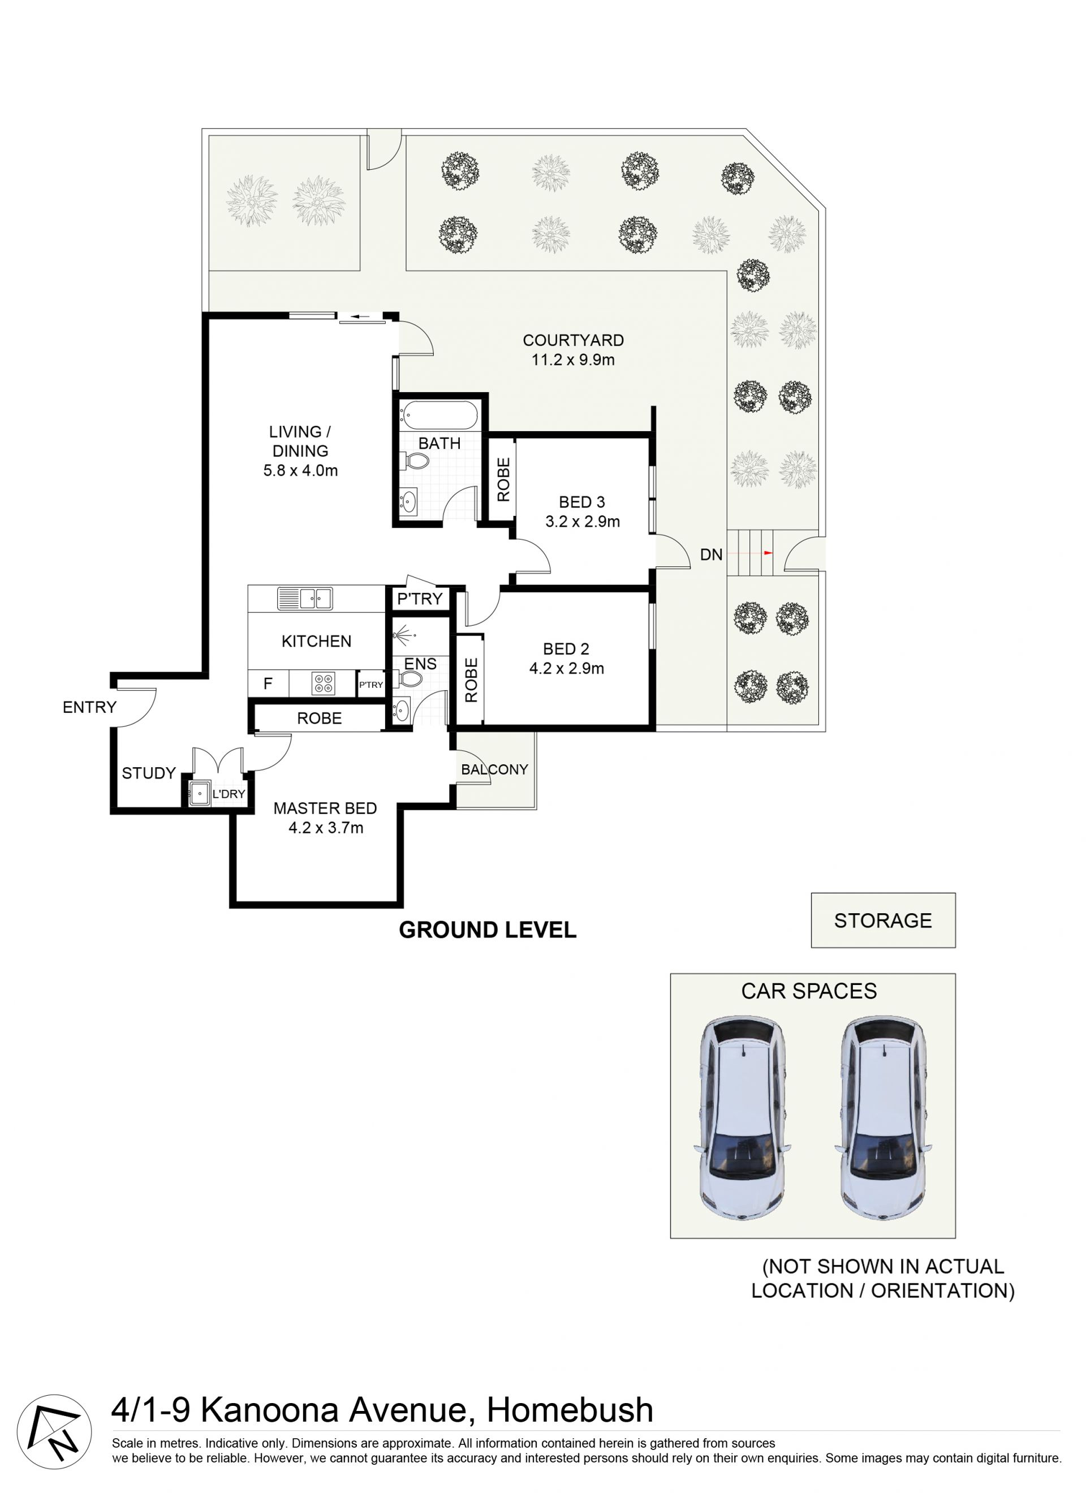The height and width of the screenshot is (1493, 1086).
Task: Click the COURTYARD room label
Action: point(574,341)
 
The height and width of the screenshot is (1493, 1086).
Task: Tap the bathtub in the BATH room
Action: point(439,416)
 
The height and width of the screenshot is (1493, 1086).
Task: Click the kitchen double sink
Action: point(305,599)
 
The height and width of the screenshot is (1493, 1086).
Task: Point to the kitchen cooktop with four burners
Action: point(323,683)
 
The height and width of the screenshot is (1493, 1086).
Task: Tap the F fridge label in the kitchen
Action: point(268,683)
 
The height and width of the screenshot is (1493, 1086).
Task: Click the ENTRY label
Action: point(89,707)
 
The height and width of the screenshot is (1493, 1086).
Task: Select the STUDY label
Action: point(149,773)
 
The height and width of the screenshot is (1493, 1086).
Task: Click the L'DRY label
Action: point(229,794)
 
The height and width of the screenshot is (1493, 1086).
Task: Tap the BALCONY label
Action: point(494,769)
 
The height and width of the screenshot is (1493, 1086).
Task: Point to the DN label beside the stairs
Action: point(711,555)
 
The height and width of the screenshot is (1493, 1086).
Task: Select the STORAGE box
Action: point(884,920)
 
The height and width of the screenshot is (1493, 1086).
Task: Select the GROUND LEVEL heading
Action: point(488,930)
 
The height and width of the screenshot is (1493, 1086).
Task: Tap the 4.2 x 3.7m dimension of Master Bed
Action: point(326,828)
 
